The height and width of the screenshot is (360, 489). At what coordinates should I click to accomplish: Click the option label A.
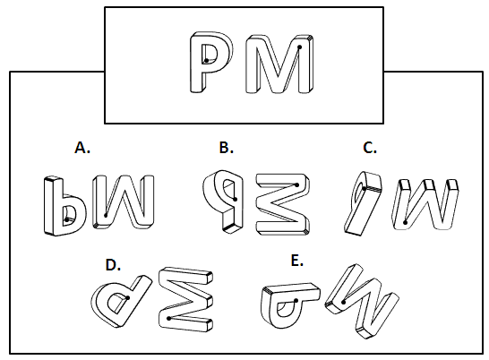point(82,148)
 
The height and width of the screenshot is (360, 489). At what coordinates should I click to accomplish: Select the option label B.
point(227,148)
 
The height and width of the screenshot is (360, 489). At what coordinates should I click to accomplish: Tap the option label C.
point(370,148)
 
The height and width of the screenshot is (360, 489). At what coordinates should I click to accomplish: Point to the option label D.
point(113,265)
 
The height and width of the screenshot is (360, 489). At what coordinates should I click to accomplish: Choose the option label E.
point(296,261)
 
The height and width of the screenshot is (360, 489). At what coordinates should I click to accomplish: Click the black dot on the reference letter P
point(207,61)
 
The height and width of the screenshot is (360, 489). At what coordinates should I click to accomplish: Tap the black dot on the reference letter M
point(300,47)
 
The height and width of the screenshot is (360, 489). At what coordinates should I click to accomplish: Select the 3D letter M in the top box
point(279,64)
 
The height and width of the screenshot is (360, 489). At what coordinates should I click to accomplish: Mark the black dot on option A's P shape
point(66,219)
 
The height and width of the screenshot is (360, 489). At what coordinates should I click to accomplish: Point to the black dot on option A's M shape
point(106,215)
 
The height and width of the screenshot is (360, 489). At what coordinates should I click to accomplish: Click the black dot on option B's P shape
point(236,199)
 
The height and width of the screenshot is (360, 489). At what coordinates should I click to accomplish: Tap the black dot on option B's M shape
point(297,185)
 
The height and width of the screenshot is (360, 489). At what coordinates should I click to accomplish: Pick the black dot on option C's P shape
point(364,188)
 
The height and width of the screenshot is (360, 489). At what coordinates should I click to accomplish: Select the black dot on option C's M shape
point(405,222)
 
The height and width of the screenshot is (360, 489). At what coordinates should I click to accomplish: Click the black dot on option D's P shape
point(128,297)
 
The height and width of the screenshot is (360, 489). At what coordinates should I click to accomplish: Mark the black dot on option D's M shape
point(168,318)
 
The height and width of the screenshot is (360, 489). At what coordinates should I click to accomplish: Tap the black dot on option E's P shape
point(296,301)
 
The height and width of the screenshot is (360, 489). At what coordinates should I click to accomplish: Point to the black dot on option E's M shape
point(343,302)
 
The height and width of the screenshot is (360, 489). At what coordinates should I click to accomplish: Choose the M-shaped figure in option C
point(425,204)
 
